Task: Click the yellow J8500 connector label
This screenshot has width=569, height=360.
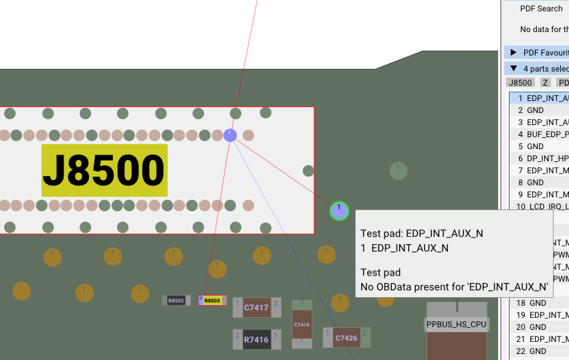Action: (104, 170)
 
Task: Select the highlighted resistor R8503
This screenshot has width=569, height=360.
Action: (212, 300)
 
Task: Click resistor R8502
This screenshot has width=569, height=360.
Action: (176, 300)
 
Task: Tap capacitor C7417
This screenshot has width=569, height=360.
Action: (256, 308)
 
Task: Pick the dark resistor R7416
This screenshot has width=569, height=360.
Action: (256, 340)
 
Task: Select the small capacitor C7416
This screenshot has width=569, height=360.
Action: (302, 325)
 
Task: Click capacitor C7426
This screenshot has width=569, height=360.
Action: (346, 338)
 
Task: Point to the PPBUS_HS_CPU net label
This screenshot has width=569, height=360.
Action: (457, 325)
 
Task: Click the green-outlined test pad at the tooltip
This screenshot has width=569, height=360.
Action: (339, 211)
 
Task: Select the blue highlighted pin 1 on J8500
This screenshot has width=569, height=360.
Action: (230, 135)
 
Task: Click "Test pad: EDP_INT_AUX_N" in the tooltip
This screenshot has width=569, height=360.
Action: (422, 234)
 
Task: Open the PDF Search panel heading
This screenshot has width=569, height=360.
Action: (541, 9)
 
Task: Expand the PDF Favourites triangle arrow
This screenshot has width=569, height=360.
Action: (514, 52)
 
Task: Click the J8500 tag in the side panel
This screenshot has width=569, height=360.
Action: (520, 83)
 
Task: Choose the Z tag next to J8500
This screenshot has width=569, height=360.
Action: (546, 83)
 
